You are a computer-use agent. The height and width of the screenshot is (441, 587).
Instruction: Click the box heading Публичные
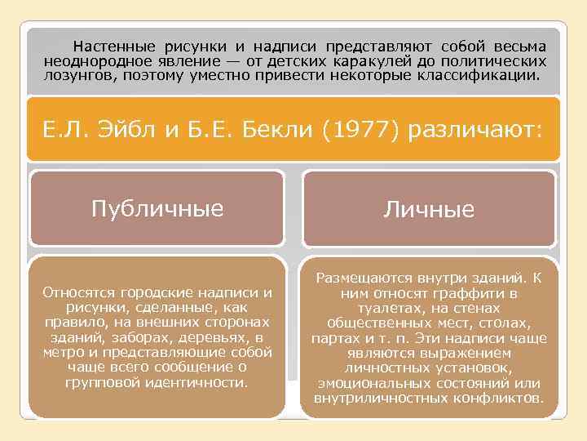[x=157, y=208]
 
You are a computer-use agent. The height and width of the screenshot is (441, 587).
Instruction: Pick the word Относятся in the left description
[x=75, y=293]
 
